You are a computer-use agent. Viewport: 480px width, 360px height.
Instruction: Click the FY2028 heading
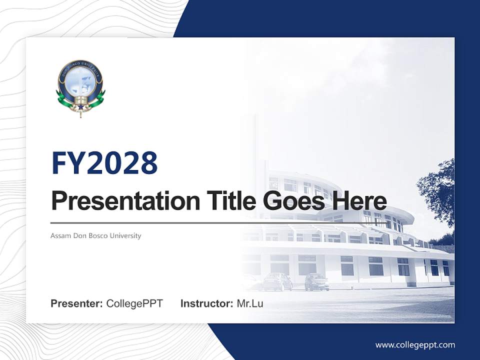(104, 163)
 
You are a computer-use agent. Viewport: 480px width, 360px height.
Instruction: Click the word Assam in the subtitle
(60, 235)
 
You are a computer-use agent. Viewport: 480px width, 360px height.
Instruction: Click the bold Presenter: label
(77, 303)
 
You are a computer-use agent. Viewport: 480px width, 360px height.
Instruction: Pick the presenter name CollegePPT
(134, 303)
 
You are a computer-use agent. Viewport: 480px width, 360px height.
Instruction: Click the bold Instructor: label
(206, 303)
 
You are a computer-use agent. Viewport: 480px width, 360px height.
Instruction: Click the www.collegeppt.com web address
(415, 345)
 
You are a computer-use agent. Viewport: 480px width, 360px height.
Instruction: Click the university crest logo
(80, 88)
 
